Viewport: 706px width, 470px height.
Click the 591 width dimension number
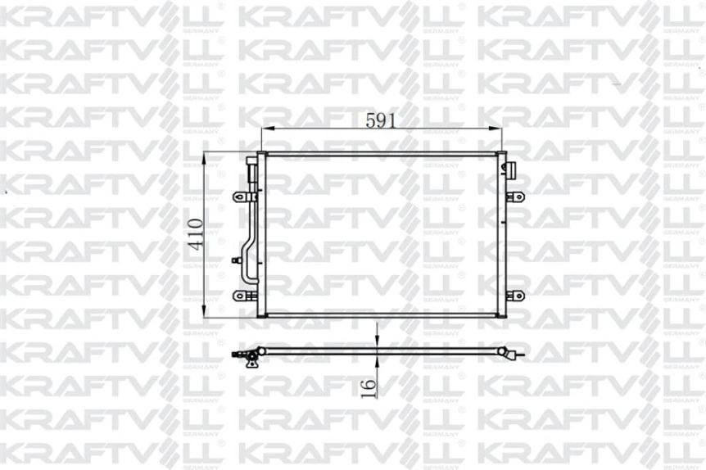tap(381, 120)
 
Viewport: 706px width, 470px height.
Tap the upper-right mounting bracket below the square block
tap(516, 197)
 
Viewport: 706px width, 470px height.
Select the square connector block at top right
tap(509, 169)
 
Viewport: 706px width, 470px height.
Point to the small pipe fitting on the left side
tap(238, 261)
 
